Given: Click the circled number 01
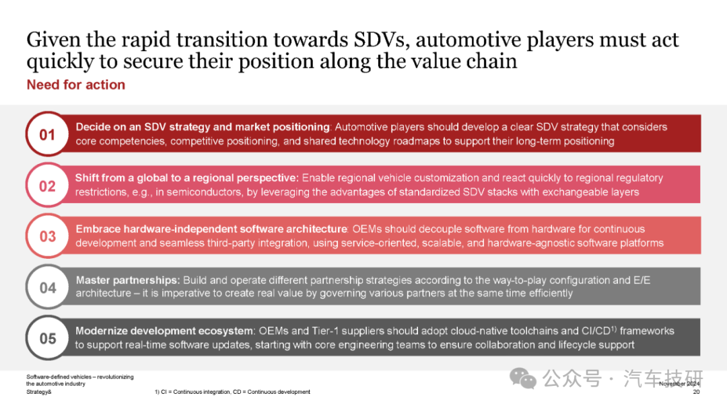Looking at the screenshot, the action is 47,134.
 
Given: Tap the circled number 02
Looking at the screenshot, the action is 47,186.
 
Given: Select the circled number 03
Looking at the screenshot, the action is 47,236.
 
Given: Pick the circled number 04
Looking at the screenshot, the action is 47,287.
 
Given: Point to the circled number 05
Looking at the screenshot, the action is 47,338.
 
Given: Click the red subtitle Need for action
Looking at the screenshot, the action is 76,85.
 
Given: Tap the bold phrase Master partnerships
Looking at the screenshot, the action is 127,280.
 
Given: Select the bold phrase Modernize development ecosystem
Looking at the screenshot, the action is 165,331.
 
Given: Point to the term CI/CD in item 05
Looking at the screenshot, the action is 596,331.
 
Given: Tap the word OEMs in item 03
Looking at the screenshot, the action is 367,229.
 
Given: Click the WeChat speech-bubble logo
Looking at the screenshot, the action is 522,379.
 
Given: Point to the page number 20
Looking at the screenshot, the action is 696,392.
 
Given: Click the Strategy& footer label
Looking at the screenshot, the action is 39,392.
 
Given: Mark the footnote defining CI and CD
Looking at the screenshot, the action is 232,392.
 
